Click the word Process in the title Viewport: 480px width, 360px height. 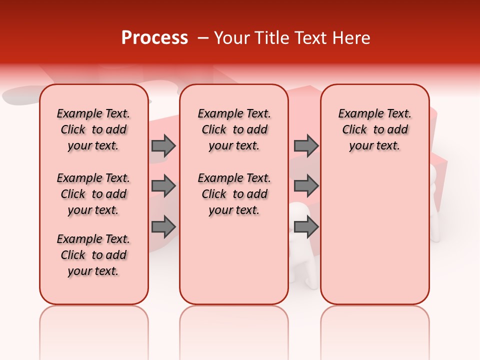[x=154, y=38]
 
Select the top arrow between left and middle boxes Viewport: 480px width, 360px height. [x=163, y=145]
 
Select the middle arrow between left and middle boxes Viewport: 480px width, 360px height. [x=163, y=186]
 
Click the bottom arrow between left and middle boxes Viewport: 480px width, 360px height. [x=163, y=227]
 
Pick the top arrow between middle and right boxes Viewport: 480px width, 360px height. [x=306, y=145]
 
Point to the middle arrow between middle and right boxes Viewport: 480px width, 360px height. [x=306, y=186]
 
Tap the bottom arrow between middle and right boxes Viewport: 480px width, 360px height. [x=306, y=227]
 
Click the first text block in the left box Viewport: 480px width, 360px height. [x=93, y=129]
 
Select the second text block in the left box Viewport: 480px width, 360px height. [x=93, y=194]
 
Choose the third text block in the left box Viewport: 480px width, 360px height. [x=93, y=255]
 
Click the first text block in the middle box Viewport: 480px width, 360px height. [x=234, y=129]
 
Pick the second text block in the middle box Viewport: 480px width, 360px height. [x=234, y=194]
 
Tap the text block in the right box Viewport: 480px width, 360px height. [x=374, y=129]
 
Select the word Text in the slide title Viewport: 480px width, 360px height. [x=310, y=38]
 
